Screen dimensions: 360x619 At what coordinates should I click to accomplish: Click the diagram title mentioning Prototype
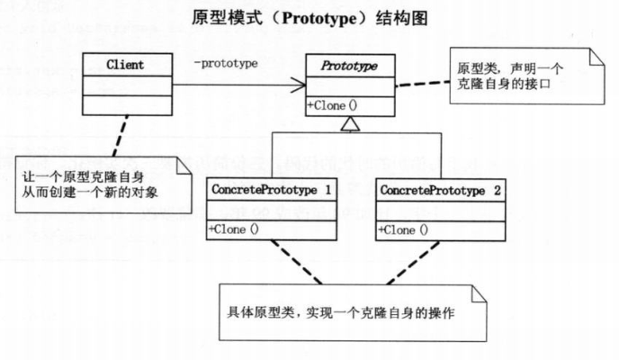tap(309, 17)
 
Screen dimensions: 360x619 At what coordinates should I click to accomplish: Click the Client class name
tap(125, 65)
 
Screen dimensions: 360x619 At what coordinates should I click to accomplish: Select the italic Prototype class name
tap(351, 66)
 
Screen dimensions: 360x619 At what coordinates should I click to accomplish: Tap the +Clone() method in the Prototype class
tap(332, 105)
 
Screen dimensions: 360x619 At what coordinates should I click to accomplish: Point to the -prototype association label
tap(226, 64)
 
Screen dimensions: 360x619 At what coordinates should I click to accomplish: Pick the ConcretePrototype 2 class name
tap(441, 192)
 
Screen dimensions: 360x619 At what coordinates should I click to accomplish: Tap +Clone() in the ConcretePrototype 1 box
tap(233, 229)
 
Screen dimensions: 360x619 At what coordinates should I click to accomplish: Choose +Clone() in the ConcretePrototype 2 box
tap(404, 229)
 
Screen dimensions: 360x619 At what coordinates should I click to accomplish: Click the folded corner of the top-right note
tap(594, 56)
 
